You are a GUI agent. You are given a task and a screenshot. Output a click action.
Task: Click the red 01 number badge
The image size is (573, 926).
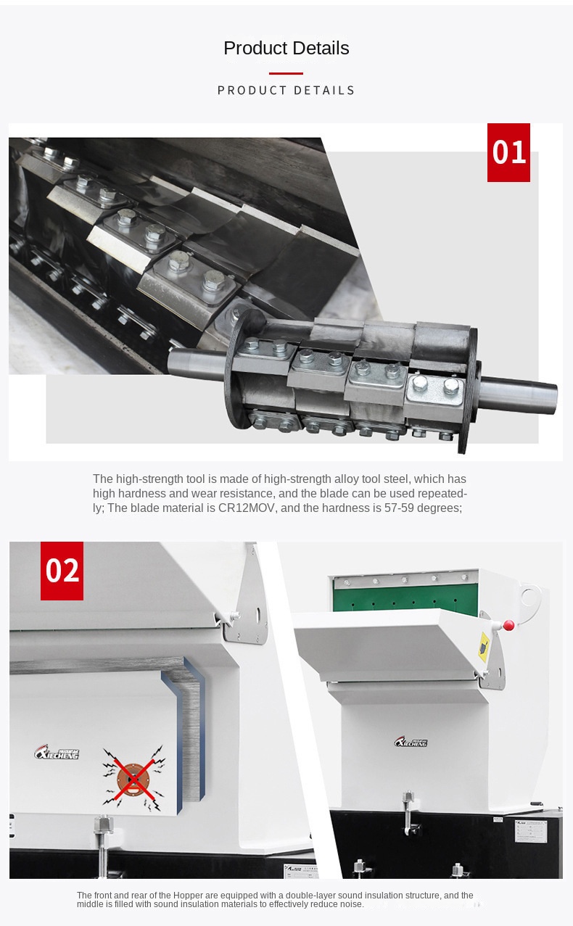(508, 152)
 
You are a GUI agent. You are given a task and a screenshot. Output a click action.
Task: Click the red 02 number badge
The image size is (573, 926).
(62, 571)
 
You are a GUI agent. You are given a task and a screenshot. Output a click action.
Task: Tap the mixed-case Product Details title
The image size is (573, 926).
(286, 48)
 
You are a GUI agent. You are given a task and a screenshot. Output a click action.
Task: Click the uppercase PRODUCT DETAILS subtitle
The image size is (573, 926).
(286, 90)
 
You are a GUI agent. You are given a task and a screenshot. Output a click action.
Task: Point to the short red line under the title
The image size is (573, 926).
(286, 73)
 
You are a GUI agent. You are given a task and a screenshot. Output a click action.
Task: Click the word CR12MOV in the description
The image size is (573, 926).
(247, 508)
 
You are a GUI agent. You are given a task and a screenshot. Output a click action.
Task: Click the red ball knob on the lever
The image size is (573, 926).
(508, 625)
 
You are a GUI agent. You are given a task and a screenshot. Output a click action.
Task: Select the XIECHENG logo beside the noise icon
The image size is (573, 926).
(56, 753)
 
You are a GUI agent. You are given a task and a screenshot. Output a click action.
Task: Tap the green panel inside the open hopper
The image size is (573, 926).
(406, 595)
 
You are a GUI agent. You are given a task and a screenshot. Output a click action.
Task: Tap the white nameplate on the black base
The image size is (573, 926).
(531, 831)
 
